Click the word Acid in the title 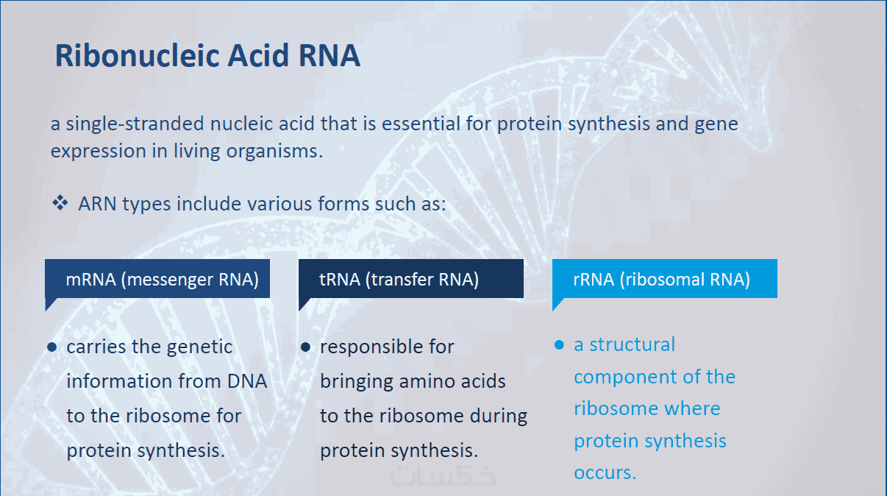point(258,55)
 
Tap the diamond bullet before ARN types point(60,203)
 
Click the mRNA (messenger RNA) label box point(157,279)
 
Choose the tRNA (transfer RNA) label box point(411,279)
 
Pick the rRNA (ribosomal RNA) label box point(664,279)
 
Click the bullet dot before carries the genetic point(52,347)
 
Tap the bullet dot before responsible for point(305,347)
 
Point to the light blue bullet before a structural point(559,345)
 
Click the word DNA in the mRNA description point(247,381)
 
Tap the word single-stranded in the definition point(135,124)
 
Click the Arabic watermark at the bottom point(443,475)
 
